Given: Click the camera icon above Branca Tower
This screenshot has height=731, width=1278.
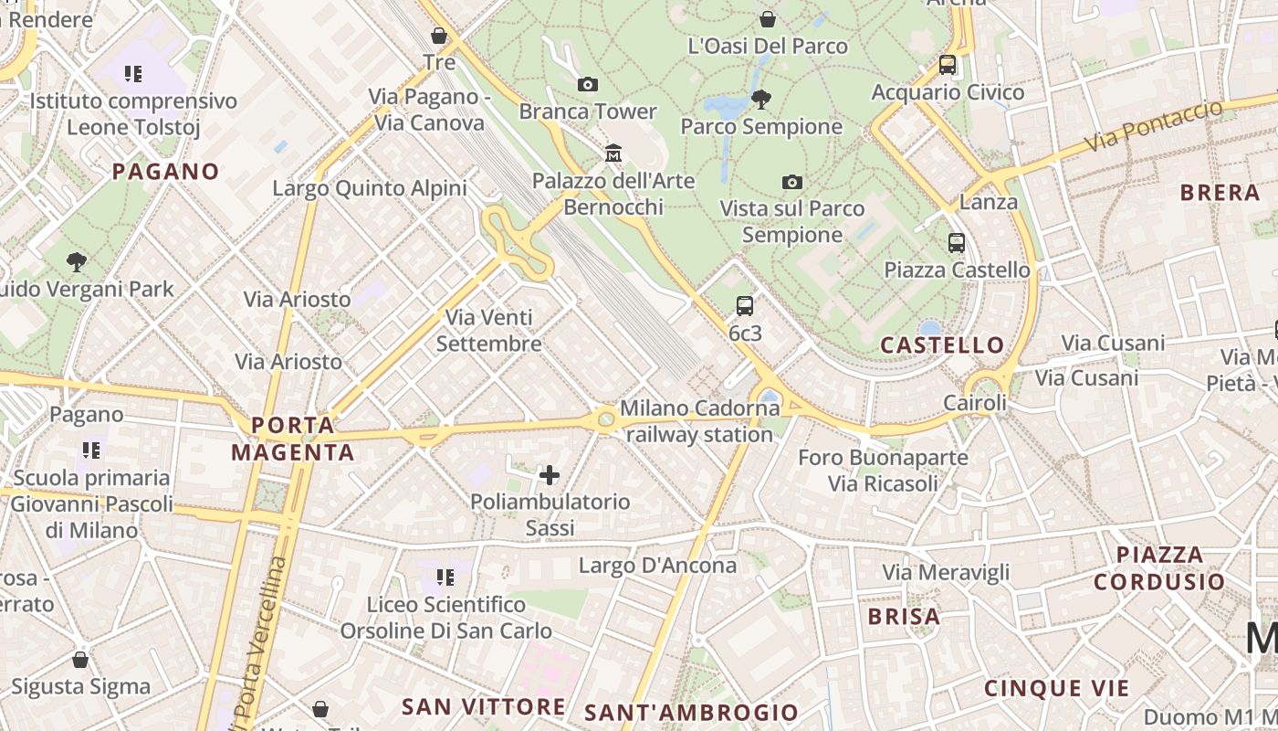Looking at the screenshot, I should tap(588, 85).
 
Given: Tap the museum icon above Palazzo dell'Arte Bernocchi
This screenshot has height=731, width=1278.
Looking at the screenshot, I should tap(613, 152).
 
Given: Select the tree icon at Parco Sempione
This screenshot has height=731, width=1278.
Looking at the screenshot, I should tap(760, 99).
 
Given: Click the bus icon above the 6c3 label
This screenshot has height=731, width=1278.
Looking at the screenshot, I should tap(745, 306).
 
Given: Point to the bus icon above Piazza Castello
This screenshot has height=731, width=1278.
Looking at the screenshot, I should tap(956, 243).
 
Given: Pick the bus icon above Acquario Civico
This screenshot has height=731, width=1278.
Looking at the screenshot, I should tap(948, 65).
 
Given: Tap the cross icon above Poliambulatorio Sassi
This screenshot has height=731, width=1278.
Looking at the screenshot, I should tap(550, 474).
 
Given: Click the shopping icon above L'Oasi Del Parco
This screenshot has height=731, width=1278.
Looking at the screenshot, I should tap(768, 19).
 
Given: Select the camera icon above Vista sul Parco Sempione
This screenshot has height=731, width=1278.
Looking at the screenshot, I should tap(792, 182).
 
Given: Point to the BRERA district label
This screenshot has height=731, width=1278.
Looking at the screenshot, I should tap(1220, 193).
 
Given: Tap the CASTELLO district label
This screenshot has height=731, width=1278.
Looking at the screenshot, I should tap(942, 345).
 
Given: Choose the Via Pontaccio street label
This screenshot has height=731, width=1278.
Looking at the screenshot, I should tap(1154, 126).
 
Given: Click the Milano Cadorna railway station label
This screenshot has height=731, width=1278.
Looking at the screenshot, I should tap(699, 421).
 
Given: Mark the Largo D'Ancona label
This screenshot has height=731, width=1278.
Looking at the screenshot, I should tap(657, 566).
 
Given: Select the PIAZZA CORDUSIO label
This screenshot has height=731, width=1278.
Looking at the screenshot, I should tap(1159, 568).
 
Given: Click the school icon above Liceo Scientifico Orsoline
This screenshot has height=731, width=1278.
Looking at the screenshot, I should tap(445, 577).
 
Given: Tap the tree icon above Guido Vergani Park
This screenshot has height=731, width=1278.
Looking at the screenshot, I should tap(78, 262).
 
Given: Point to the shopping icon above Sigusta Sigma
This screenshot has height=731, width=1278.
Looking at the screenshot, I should tap(80, 660).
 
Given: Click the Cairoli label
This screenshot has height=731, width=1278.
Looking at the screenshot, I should tap(974, 403).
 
